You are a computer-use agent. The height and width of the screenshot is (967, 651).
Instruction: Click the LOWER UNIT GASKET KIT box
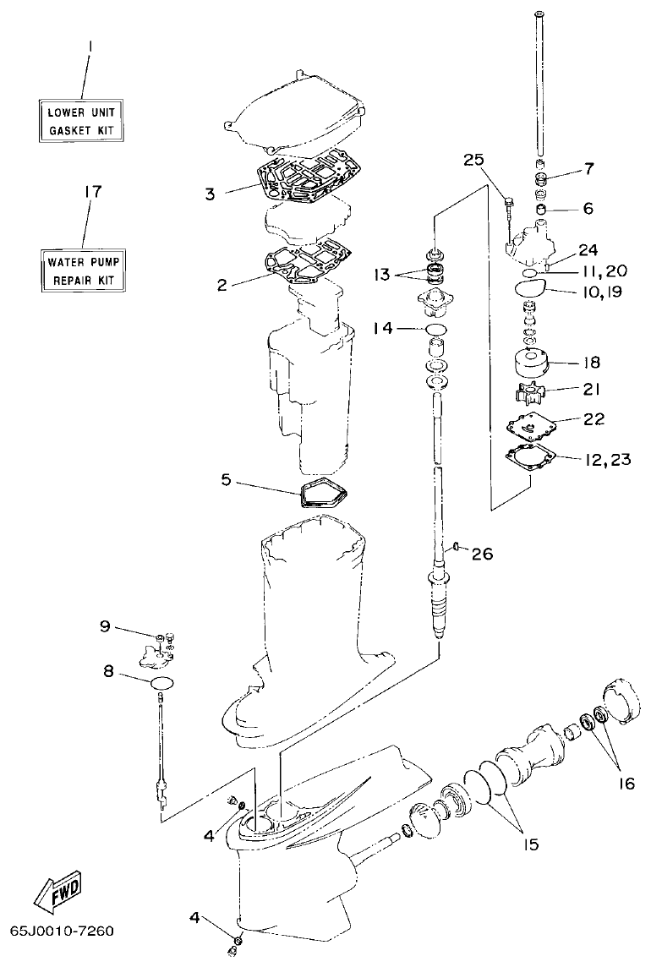click(x=83, y=121)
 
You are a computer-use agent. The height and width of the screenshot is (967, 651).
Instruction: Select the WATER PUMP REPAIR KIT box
click(x=83, y=269)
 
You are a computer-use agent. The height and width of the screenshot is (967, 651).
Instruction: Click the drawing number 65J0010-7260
click(x=62, y=931)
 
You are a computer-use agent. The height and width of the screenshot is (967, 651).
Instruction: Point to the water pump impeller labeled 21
click(x=528, y=393)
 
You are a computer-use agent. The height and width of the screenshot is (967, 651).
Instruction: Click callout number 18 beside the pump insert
click(x=591, y=362)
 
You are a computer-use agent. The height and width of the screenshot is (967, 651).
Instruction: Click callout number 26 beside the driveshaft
click(x=481, y=554)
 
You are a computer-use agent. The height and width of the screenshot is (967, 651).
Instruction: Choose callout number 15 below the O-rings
click(x=528, y=843)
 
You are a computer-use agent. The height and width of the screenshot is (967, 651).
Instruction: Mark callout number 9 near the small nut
click(x=106, y=626)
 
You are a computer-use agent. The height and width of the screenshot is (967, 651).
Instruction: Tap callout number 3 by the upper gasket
click(x=209, y=194)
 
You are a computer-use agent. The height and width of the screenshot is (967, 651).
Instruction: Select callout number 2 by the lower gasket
click(x=222, y=285)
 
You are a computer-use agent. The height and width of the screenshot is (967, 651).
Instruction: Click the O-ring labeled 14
click(x=436, y=328)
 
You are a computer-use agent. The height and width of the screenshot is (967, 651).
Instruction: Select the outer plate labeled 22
click(x=528, y=427)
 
